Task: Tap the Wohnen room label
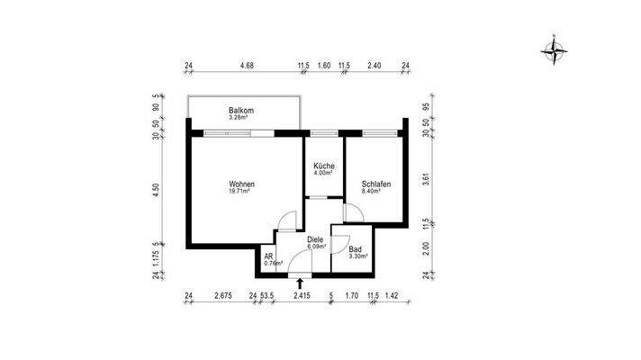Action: click(x=239, y=184)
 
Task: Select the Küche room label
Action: click(x=324, y=166)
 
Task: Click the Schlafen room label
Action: click(x=376, y=184)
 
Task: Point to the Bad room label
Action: click(x=356, y=247)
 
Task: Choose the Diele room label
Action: click(x=315, y=239)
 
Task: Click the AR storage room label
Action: click(x=268, y=256)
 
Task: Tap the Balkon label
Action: click(x=240, y=111)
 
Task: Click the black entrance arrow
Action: click(x=300, y=282)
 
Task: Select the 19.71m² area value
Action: click(x=239, y=192)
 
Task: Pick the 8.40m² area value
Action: click(x=376, y=192)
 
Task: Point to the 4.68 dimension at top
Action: click(x=246, y=66)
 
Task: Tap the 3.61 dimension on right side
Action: click(x=426, y=179)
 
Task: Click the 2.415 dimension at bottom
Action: click(x=301, y=294)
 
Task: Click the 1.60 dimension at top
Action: click(x=324, y=66)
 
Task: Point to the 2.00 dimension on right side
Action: click(x=426, y=246)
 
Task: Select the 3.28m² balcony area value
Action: click(x=240, y=118)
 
